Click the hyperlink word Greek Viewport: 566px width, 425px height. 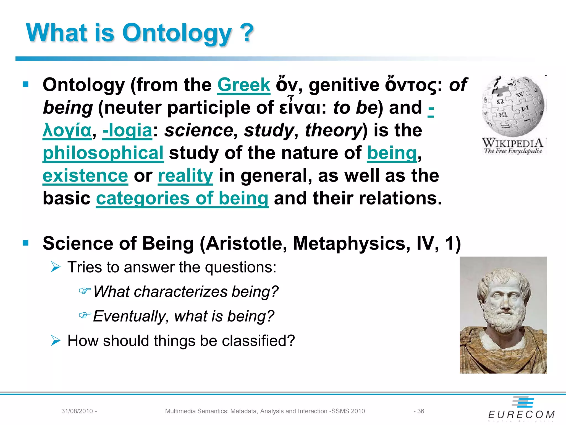click(x=243, y=85)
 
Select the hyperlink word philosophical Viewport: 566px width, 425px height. click(x=103, y=153)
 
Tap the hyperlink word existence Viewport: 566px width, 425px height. click(x=85, y=176)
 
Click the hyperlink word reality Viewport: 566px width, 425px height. click(x=185, y=176)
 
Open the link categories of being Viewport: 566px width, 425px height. click(x=182, y=198)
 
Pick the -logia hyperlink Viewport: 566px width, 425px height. click(x=127, y=130)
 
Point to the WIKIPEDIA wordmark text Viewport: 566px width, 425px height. click(x=513, y=143)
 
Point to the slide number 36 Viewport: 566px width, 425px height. click(x=420, y=411)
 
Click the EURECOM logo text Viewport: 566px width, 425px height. click(x=521, y=414)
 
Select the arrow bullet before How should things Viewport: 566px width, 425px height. click(x=56, y=340)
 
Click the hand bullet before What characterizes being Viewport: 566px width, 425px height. click(x=85, y=291)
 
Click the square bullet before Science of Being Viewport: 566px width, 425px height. click(x=26, y=243)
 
